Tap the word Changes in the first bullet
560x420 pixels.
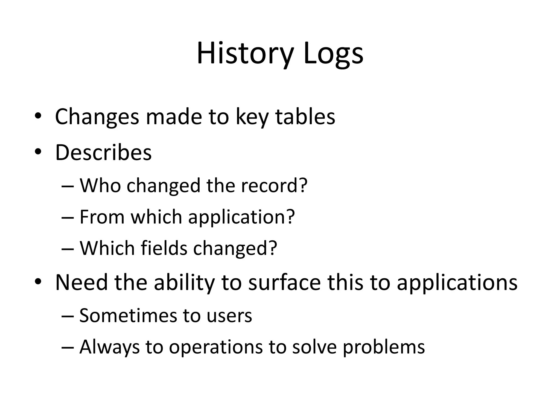pyautogui.click(x=97, y=117)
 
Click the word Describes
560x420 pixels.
pyautogui.click(x=103, y=153)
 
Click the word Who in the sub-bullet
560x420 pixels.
pyautogui.click(x=100, y=185)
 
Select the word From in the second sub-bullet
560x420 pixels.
pyautogui.click(x=102, y=217)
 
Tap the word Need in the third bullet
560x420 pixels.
pyautogui.click(x=81, y=282)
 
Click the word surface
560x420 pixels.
pyautogui.click(x=284, y=282)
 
